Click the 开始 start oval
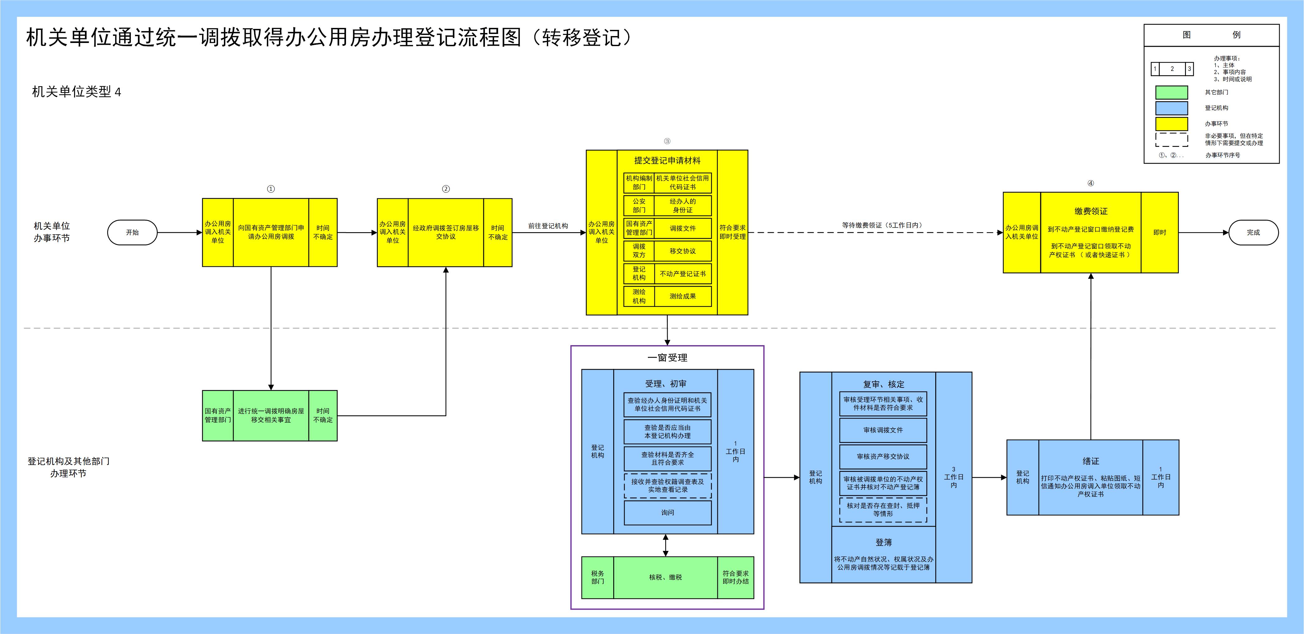pos(132,232)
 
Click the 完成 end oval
pos(1253,232)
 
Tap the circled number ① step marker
pos(271,189)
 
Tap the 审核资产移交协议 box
pos(883,456)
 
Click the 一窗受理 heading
pos(667,358)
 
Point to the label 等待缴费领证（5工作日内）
pos(882,225)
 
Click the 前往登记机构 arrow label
pos(548,226)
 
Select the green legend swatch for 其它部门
pos(1171,92)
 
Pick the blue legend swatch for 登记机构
pos(1171,108)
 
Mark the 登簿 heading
pos(883,542)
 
